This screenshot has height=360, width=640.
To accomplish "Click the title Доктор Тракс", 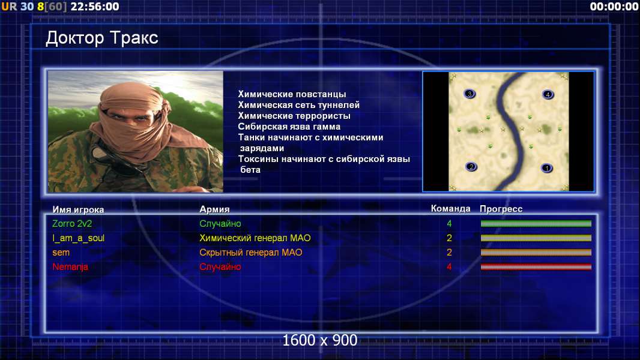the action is tap(101, 38).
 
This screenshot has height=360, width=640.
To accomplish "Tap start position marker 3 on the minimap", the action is tap(469, 94).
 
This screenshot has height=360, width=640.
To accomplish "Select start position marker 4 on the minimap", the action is tap(548, 94).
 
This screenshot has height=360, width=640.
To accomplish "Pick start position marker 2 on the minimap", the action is tap(471, 166).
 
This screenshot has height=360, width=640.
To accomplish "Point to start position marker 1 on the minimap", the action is tap(546, 167).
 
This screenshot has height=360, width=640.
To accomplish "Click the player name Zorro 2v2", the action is tap(72, 223).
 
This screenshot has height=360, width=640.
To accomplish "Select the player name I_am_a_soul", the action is tap(79, 238).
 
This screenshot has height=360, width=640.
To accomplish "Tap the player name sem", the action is tap(61, 253).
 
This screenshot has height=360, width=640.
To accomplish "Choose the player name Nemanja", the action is tap(70, 266).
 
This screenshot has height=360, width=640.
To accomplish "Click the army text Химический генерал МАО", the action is tap(255, 238).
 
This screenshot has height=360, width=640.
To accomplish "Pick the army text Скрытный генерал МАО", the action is tap(250, 253).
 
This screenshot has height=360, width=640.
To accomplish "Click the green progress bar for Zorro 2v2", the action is tap(536, 223).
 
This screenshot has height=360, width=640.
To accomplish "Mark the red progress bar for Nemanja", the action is tap(536, 267).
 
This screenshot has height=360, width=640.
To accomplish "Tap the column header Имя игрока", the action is tap(78, 209).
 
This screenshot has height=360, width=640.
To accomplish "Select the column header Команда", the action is tap(451, 209).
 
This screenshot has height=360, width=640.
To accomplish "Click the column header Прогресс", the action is tap(501, 209).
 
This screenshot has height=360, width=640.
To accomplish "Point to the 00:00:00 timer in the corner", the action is tap(614, 7).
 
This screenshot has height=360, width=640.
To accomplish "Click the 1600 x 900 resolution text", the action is tap(320, 340).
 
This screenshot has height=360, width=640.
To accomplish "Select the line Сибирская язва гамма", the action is tap(289, 127).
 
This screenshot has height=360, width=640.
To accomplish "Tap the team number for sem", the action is tap(449, 253).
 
